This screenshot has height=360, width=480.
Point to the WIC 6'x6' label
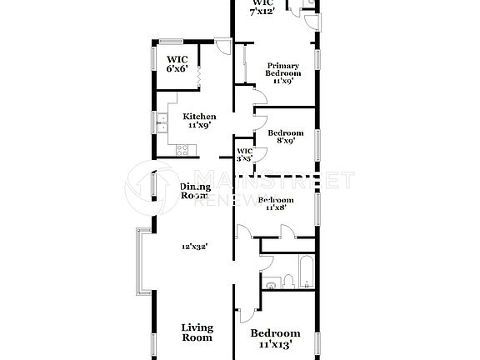coord(177,64)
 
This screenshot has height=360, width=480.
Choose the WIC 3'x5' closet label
coord(243,154)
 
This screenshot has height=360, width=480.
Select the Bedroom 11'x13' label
coord(275,337)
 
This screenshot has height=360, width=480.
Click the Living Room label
coord(197,332)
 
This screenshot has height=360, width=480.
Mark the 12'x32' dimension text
coord(194,247)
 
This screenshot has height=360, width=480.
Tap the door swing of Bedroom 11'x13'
coord(243,308)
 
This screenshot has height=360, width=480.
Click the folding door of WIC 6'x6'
coord(201,76)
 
